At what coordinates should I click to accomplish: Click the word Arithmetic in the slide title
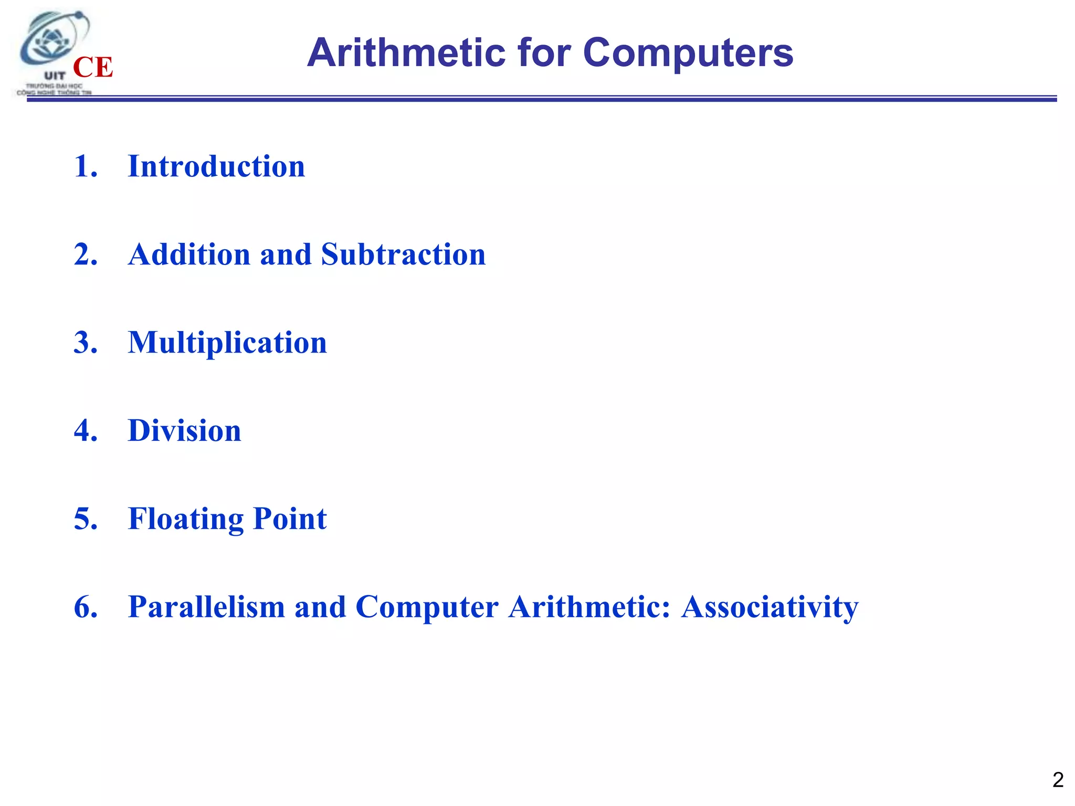tap(406, 53)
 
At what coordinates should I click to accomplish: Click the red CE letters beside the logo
tap(93, 67)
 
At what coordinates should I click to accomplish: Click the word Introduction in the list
tap(216, 166)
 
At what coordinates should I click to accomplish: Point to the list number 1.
tap(85, 166)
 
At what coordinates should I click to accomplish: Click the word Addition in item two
tap(189, 254)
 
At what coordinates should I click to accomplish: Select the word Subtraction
tap(403, 254)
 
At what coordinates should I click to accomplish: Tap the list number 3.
tap(85, 343)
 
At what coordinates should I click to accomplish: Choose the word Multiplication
tap(227, 344)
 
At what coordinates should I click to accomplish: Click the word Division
tap(184, 431)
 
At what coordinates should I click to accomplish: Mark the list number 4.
tap(85, 431)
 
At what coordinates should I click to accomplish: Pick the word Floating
tap(185, 519)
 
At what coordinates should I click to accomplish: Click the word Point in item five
tap(290, 519)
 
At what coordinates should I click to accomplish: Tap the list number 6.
tap(85, 607)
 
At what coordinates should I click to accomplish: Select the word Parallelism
tap(206, 607)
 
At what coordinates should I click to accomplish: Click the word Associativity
tap(770, 608)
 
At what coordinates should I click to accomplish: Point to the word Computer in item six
tap(427, 608)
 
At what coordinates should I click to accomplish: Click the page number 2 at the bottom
tap(1058, 780)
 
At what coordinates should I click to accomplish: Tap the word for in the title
tap(544, 53)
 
